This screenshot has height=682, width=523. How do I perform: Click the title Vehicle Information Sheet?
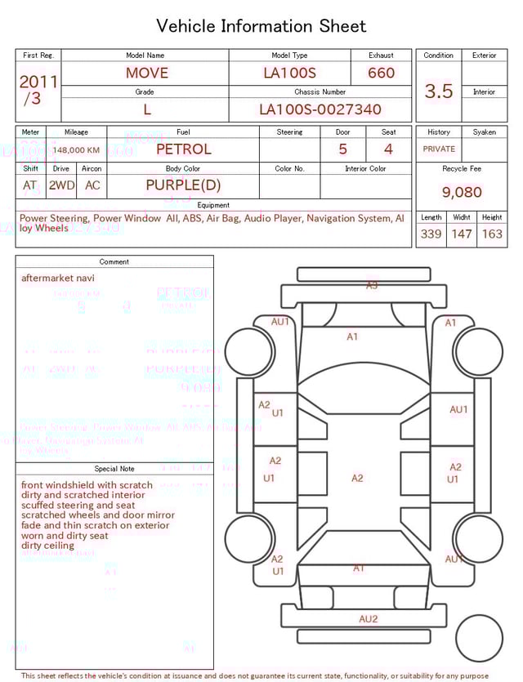(x=261, y=26)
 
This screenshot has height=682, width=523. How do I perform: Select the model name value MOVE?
(x=147, y=73)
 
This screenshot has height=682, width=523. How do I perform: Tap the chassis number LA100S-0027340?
(x=320, y=109)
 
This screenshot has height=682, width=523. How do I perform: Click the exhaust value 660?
(x=381, y=73)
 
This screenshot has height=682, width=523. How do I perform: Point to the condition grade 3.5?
(x=439, y=91)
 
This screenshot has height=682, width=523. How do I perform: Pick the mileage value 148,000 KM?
(x=77, y=150)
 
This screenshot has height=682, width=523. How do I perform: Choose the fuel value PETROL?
(x=183, y=149)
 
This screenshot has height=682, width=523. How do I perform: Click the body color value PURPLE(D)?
(x=183, y=185)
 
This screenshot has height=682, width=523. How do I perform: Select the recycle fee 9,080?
(x=462, y=192)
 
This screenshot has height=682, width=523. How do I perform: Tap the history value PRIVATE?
(x=439, y=149)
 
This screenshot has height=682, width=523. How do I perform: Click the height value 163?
(x=492, y=234)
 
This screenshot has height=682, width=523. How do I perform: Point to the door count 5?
(x=343, y=149)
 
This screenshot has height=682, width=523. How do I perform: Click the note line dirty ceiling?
(x=47, y=546)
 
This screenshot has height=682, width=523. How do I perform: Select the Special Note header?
(x=114, y=469)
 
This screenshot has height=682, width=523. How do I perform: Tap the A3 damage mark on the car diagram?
(x=372, y=285)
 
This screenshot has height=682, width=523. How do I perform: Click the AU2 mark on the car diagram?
(x=369, y=619)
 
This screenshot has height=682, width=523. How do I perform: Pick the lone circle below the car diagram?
(x=479, y=639)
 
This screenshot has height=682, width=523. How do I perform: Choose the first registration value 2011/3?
(x=38, y=90)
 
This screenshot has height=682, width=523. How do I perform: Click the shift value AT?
(x=30, y=185)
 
